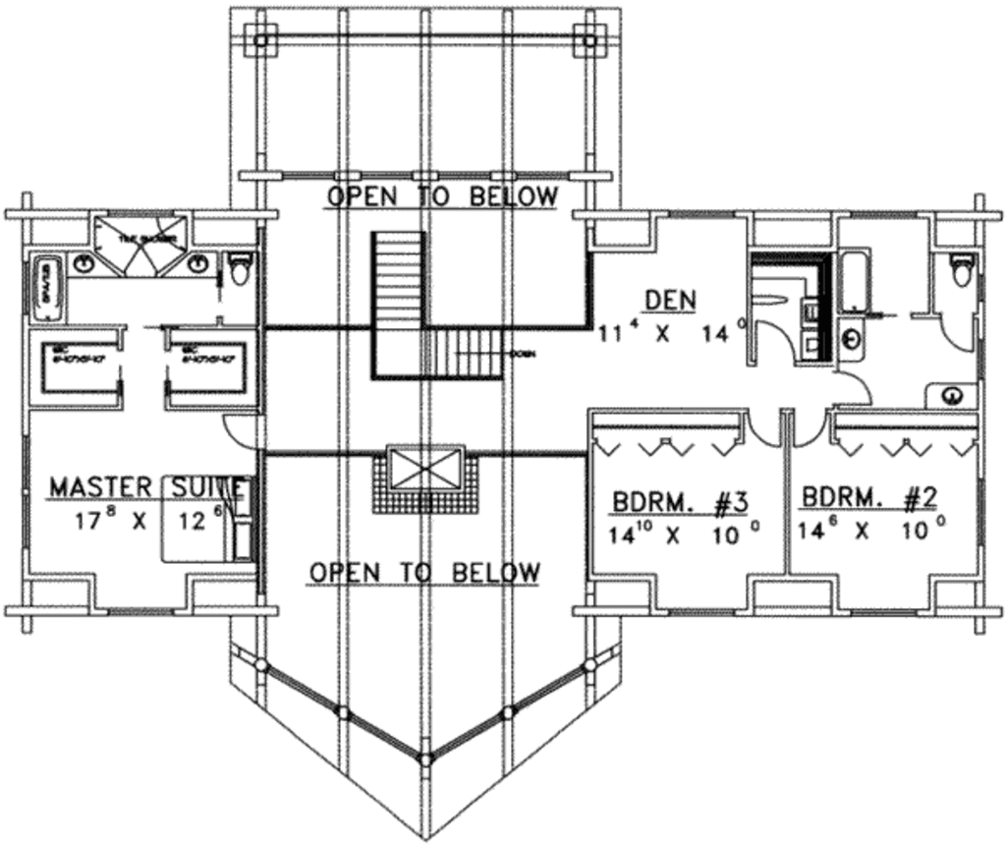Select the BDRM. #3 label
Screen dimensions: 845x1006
pyautogui.click(x=681, y=501)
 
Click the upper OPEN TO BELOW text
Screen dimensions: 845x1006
pyautogui.click(x=442, y=197)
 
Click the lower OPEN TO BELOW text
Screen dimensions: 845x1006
pyautogui.click(x=424, y=572)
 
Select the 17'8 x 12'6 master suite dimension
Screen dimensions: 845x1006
pyautogui.click(x=147, y=521)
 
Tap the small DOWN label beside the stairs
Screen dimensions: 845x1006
pyautogui.click(x=522, y=355)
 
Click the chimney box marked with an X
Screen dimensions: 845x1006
pyautogui.click(x=424, y=467)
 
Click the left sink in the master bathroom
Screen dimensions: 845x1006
pyautogui.click(x=86, y=262)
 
